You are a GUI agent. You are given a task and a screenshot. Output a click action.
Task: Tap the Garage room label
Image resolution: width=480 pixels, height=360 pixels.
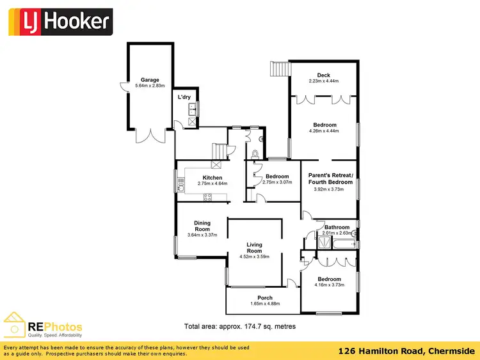pos(150,80)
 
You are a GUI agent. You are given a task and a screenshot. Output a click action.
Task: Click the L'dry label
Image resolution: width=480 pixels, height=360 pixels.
pos(184,97)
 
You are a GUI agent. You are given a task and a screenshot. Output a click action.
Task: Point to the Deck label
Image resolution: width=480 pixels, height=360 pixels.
pos(323,75)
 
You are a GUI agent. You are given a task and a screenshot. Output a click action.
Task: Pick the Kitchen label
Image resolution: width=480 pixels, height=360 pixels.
pos(212,177)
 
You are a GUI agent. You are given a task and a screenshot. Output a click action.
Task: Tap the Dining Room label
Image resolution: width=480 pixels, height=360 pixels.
pos(202,226)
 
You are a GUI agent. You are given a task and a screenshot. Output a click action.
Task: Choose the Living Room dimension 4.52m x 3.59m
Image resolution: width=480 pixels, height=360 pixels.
pos(255,257)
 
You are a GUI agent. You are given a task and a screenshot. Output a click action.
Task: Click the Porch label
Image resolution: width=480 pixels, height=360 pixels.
pos(265,298)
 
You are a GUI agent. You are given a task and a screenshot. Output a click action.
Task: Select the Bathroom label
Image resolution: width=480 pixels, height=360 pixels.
pos(337,227)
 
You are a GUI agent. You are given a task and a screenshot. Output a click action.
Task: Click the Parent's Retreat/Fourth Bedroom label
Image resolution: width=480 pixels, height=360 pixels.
pos(330,179)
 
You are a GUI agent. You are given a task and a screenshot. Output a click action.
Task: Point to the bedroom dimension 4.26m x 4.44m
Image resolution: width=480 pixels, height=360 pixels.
pos(324,131)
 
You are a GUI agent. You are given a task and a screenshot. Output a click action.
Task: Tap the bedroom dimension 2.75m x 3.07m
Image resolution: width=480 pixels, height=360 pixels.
pos(277,182)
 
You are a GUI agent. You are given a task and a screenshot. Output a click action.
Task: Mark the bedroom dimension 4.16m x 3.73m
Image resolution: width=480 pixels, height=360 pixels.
pos(329,285)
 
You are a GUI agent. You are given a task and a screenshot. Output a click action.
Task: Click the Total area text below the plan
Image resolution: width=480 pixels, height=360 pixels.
pos(239,325)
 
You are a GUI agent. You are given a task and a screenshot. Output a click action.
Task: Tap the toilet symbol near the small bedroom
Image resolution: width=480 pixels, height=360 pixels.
pos(255,153)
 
